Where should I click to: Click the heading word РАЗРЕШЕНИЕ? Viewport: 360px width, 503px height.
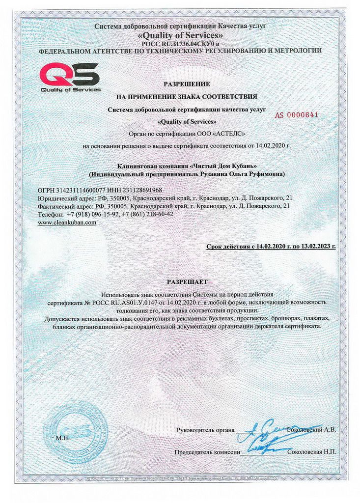pyautogui.click(x=186, y=84)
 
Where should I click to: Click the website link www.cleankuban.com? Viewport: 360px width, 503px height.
pyautogui.click(x=67, y=222)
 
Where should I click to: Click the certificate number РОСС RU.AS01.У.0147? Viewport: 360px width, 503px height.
pyautogui.click(x=110, y=302)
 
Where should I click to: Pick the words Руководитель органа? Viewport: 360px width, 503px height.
pyautogui.click(x=206, y=430)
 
